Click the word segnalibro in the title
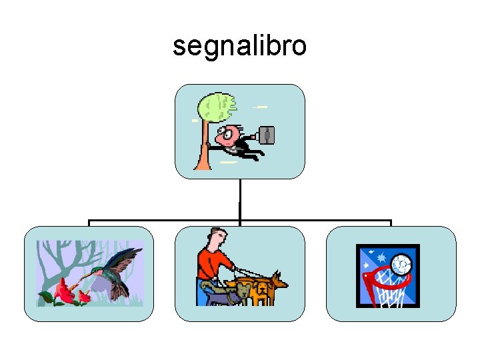point(239,46)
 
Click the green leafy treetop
point(218,107)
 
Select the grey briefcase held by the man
point(267,135)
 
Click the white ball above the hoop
point(402,265)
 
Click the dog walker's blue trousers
point(203,294)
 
